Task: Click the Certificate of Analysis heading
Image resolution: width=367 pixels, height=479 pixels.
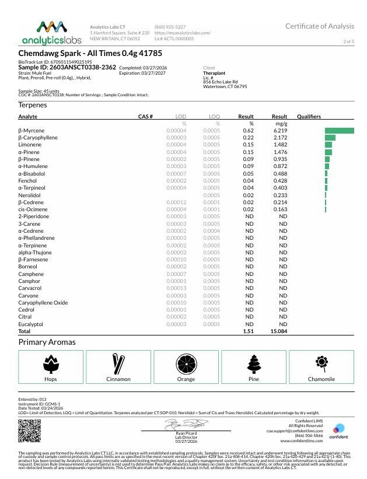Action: [x=319, y=26]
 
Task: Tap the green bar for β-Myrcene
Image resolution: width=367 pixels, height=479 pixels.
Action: [x=340, y=130]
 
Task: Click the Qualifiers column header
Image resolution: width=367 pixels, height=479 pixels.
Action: [x=309, y=117]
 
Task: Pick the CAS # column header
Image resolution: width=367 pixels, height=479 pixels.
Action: [x=145, y=117]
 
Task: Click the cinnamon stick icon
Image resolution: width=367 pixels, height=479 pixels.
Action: [x=118, y=364]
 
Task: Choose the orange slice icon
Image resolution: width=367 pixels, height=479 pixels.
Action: [x=186, y=364]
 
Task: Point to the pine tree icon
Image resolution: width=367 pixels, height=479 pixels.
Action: [x=253, y=364]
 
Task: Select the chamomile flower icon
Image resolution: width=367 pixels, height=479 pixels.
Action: [x=321, y=363]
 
